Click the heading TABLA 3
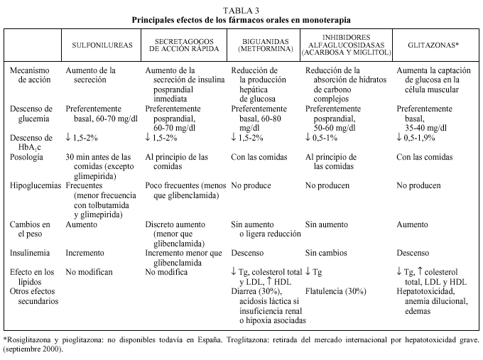tap(241, 9)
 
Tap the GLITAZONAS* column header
tap(433, 44)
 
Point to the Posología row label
tap(28, 156)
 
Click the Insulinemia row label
tap(30, 252)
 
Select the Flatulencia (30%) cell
tap(335, 290)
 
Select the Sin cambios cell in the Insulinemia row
tap(326, 252)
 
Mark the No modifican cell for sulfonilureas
tap(89, 271)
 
